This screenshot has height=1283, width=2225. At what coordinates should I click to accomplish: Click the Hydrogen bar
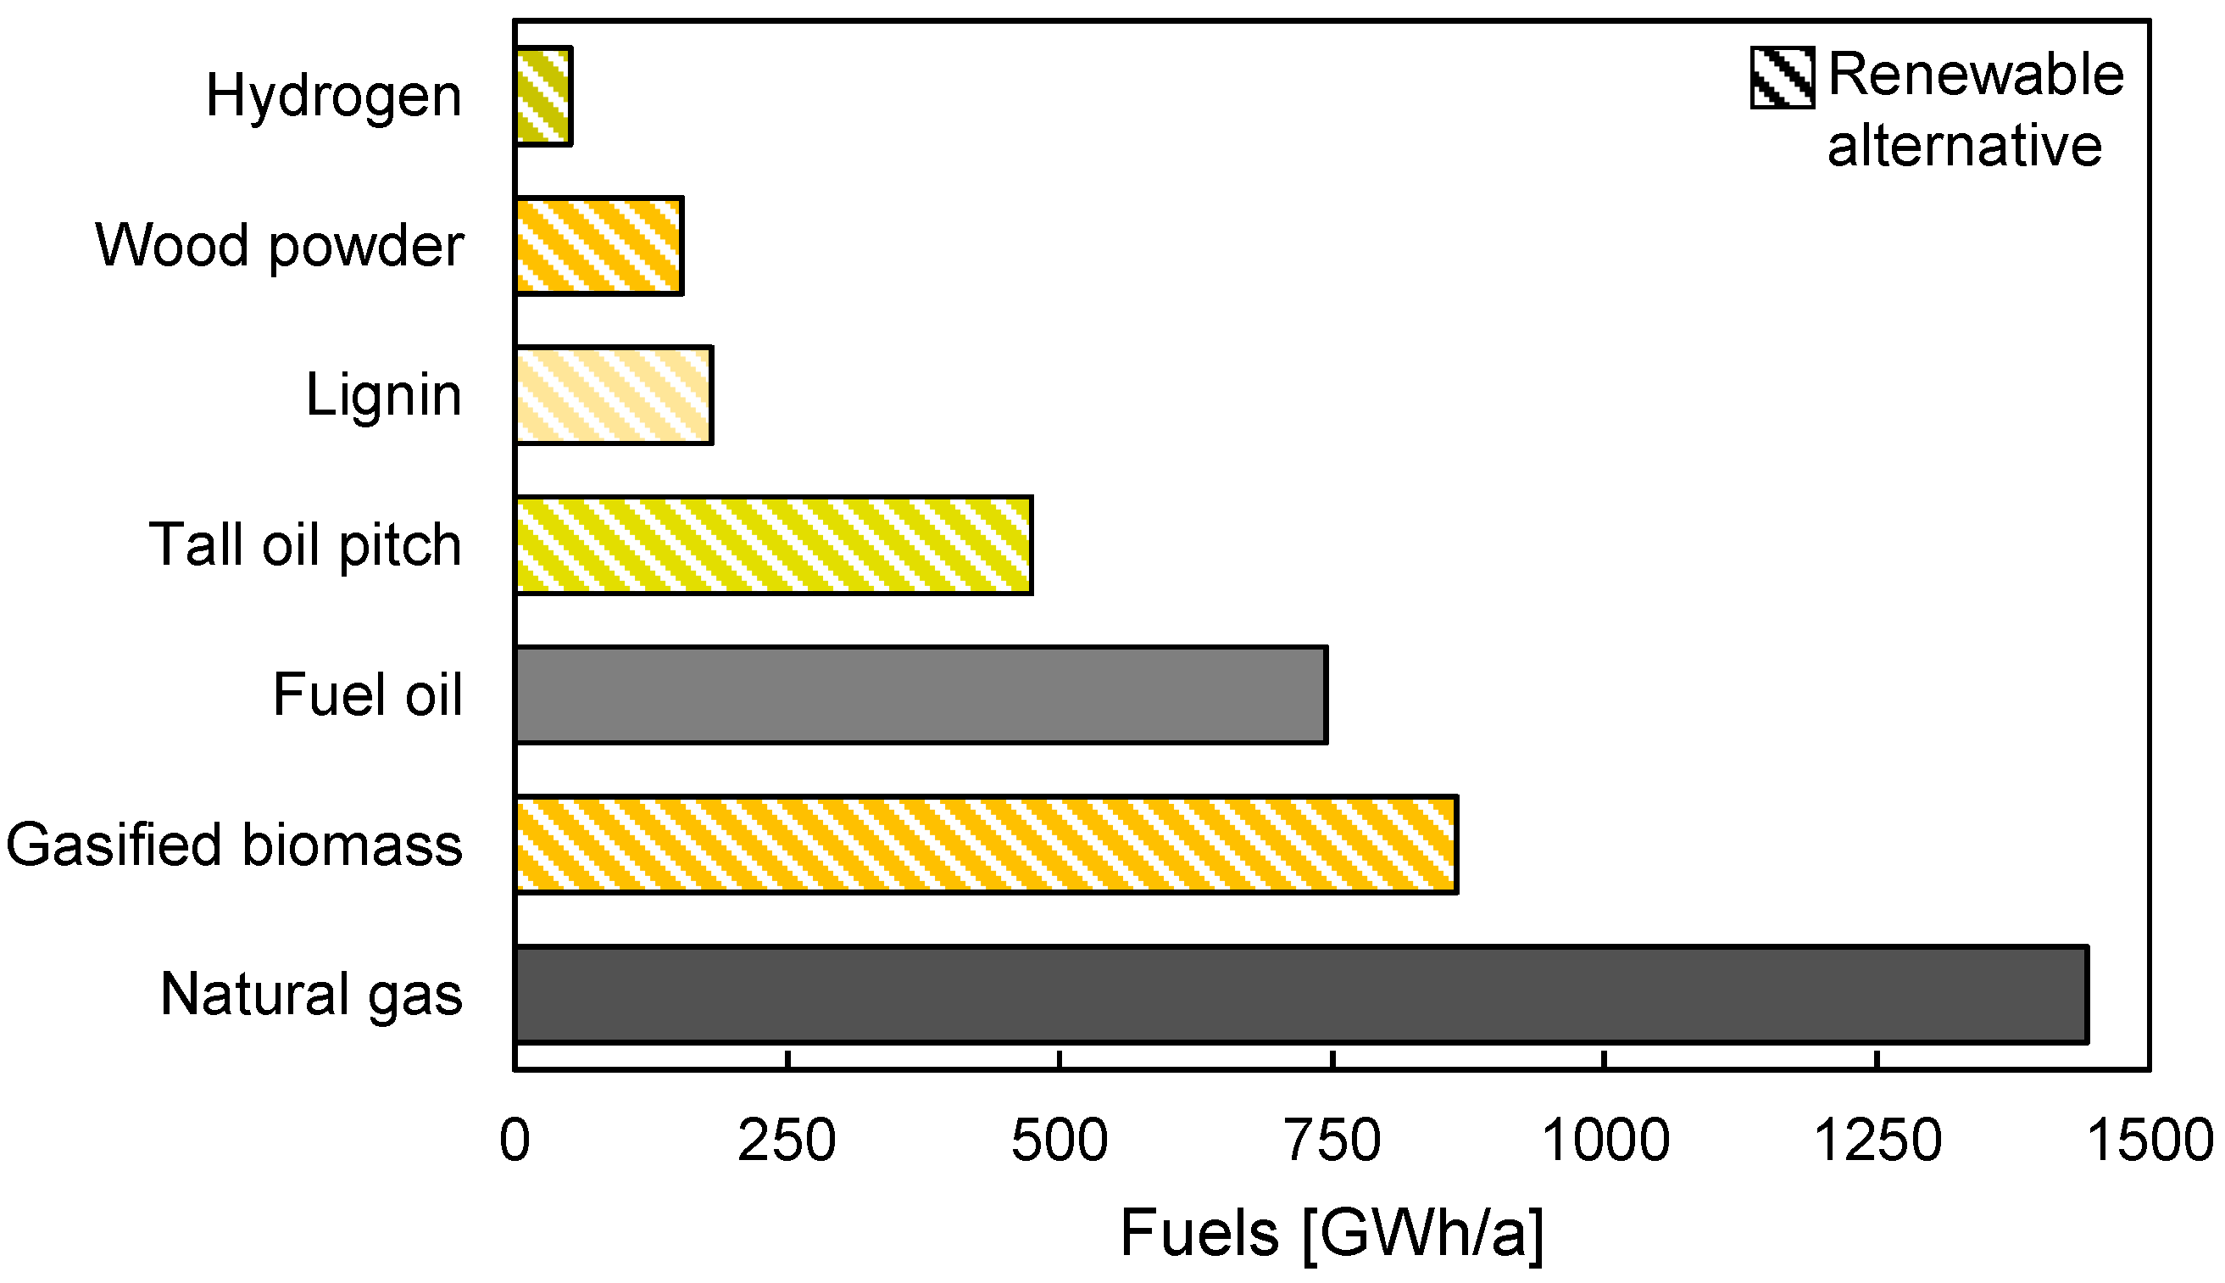click(543, 96)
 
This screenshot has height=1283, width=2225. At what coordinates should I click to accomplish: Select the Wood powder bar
click(599, 246)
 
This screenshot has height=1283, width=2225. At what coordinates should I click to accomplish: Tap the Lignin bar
click(614, 396)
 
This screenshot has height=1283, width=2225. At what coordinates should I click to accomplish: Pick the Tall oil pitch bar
click(773, 545)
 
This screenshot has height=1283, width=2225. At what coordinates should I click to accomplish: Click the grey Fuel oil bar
click(921, 695)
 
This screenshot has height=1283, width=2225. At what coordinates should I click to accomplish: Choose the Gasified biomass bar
click(986, 845)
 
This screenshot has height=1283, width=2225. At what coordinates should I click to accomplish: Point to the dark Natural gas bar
click(1301, 995)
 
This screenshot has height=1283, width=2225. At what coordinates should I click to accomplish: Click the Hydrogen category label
click(333, 96)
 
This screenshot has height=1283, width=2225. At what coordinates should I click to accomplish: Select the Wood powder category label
click(279, 246)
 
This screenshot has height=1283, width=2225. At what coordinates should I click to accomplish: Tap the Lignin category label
click(383, 396)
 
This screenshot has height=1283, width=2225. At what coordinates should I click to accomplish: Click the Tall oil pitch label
click(306, 545)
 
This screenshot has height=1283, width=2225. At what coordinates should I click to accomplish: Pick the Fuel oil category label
click(367, 695)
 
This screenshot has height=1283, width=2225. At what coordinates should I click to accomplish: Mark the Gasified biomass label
click(234, 845)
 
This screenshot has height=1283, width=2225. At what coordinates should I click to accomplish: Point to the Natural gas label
click(311, 995)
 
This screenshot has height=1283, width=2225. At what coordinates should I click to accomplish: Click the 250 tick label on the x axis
click(787, 1141)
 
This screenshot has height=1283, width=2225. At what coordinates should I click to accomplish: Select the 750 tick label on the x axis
click(1332, 1141)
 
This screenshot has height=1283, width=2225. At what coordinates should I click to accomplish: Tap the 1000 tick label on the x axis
click(1605, 1141)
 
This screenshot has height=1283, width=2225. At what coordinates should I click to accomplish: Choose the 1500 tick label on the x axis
click(2150, 1141)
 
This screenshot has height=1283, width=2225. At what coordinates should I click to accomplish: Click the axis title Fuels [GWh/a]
click(1332, 1234)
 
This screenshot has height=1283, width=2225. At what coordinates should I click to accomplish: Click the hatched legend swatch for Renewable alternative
click(1782, 77)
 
